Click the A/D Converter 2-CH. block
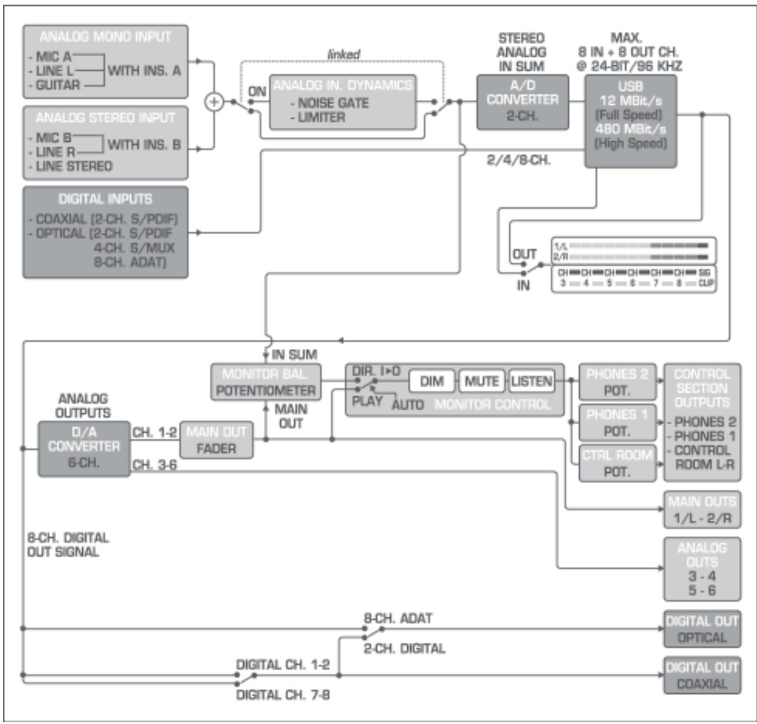(522, 102)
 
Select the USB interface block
(630, 121)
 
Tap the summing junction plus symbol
(214, 102)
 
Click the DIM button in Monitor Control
(432, 382)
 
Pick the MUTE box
(482, 382)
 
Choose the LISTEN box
(531, 382)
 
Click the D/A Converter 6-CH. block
(84, 449)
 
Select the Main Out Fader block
(216, 440)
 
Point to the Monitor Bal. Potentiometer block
(266, 382)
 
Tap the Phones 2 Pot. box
(617, 382)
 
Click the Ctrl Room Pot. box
(617, 464)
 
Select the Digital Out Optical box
(702, 629)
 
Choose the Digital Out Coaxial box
(702, 675)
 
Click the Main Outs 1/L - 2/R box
(702, 510)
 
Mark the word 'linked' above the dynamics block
(343, 54)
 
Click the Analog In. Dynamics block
(343, 102)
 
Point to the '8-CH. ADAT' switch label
(398, 618)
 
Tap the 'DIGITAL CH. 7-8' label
(283, 694)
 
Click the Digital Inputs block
(105, 232)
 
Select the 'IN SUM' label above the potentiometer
(294, 355)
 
